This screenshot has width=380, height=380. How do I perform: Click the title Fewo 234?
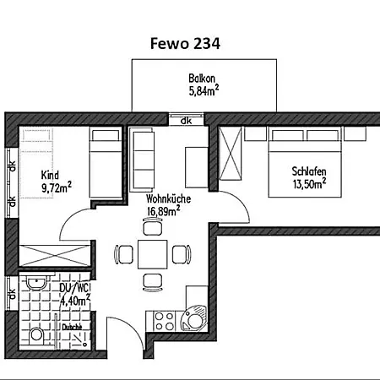(x=185, y=44)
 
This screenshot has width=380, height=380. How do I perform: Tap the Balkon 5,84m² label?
(x=204, y=84)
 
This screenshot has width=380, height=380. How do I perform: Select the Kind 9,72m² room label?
(x=57, y=182)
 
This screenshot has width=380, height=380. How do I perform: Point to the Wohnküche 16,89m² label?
(x=168, y=205)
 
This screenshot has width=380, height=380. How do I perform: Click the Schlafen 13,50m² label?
(x=309, y=178)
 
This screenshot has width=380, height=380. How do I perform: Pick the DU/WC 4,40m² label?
(x=75, y=295)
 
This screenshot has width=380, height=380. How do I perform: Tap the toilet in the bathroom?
(x=36, y=335)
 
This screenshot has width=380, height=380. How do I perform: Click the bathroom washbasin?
(x=36, y=283)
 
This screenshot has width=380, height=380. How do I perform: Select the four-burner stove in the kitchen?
(x=165, y=321)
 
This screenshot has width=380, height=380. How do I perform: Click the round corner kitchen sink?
(x=194, y=320)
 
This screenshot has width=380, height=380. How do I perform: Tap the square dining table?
(x=153, y=254)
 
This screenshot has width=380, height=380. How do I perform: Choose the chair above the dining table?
(x=153, y=226)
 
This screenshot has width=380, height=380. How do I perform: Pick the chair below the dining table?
(x=153, y=282)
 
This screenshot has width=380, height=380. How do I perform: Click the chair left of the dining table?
(x=124, y=254)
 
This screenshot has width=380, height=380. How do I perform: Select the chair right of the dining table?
(x=182, y=254)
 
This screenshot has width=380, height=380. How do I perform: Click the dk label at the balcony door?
(x=186, y=121)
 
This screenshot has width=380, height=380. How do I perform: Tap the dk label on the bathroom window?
(x=12, y=294)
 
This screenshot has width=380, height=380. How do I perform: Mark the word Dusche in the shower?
(x=72, y=327)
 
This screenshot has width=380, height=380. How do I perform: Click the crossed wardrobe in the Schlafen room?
(x=231, y=153)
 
